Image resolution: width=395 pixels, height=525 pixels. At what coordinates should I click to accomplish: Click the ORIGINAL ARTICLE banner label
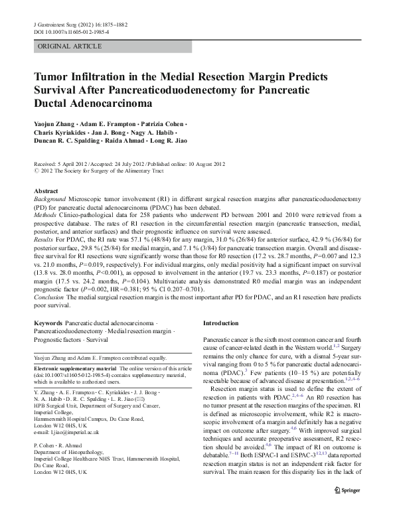coord(70,46)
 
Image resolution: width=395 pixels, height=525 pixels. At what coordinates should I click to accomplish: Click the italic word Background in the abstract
coord(51,198)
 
